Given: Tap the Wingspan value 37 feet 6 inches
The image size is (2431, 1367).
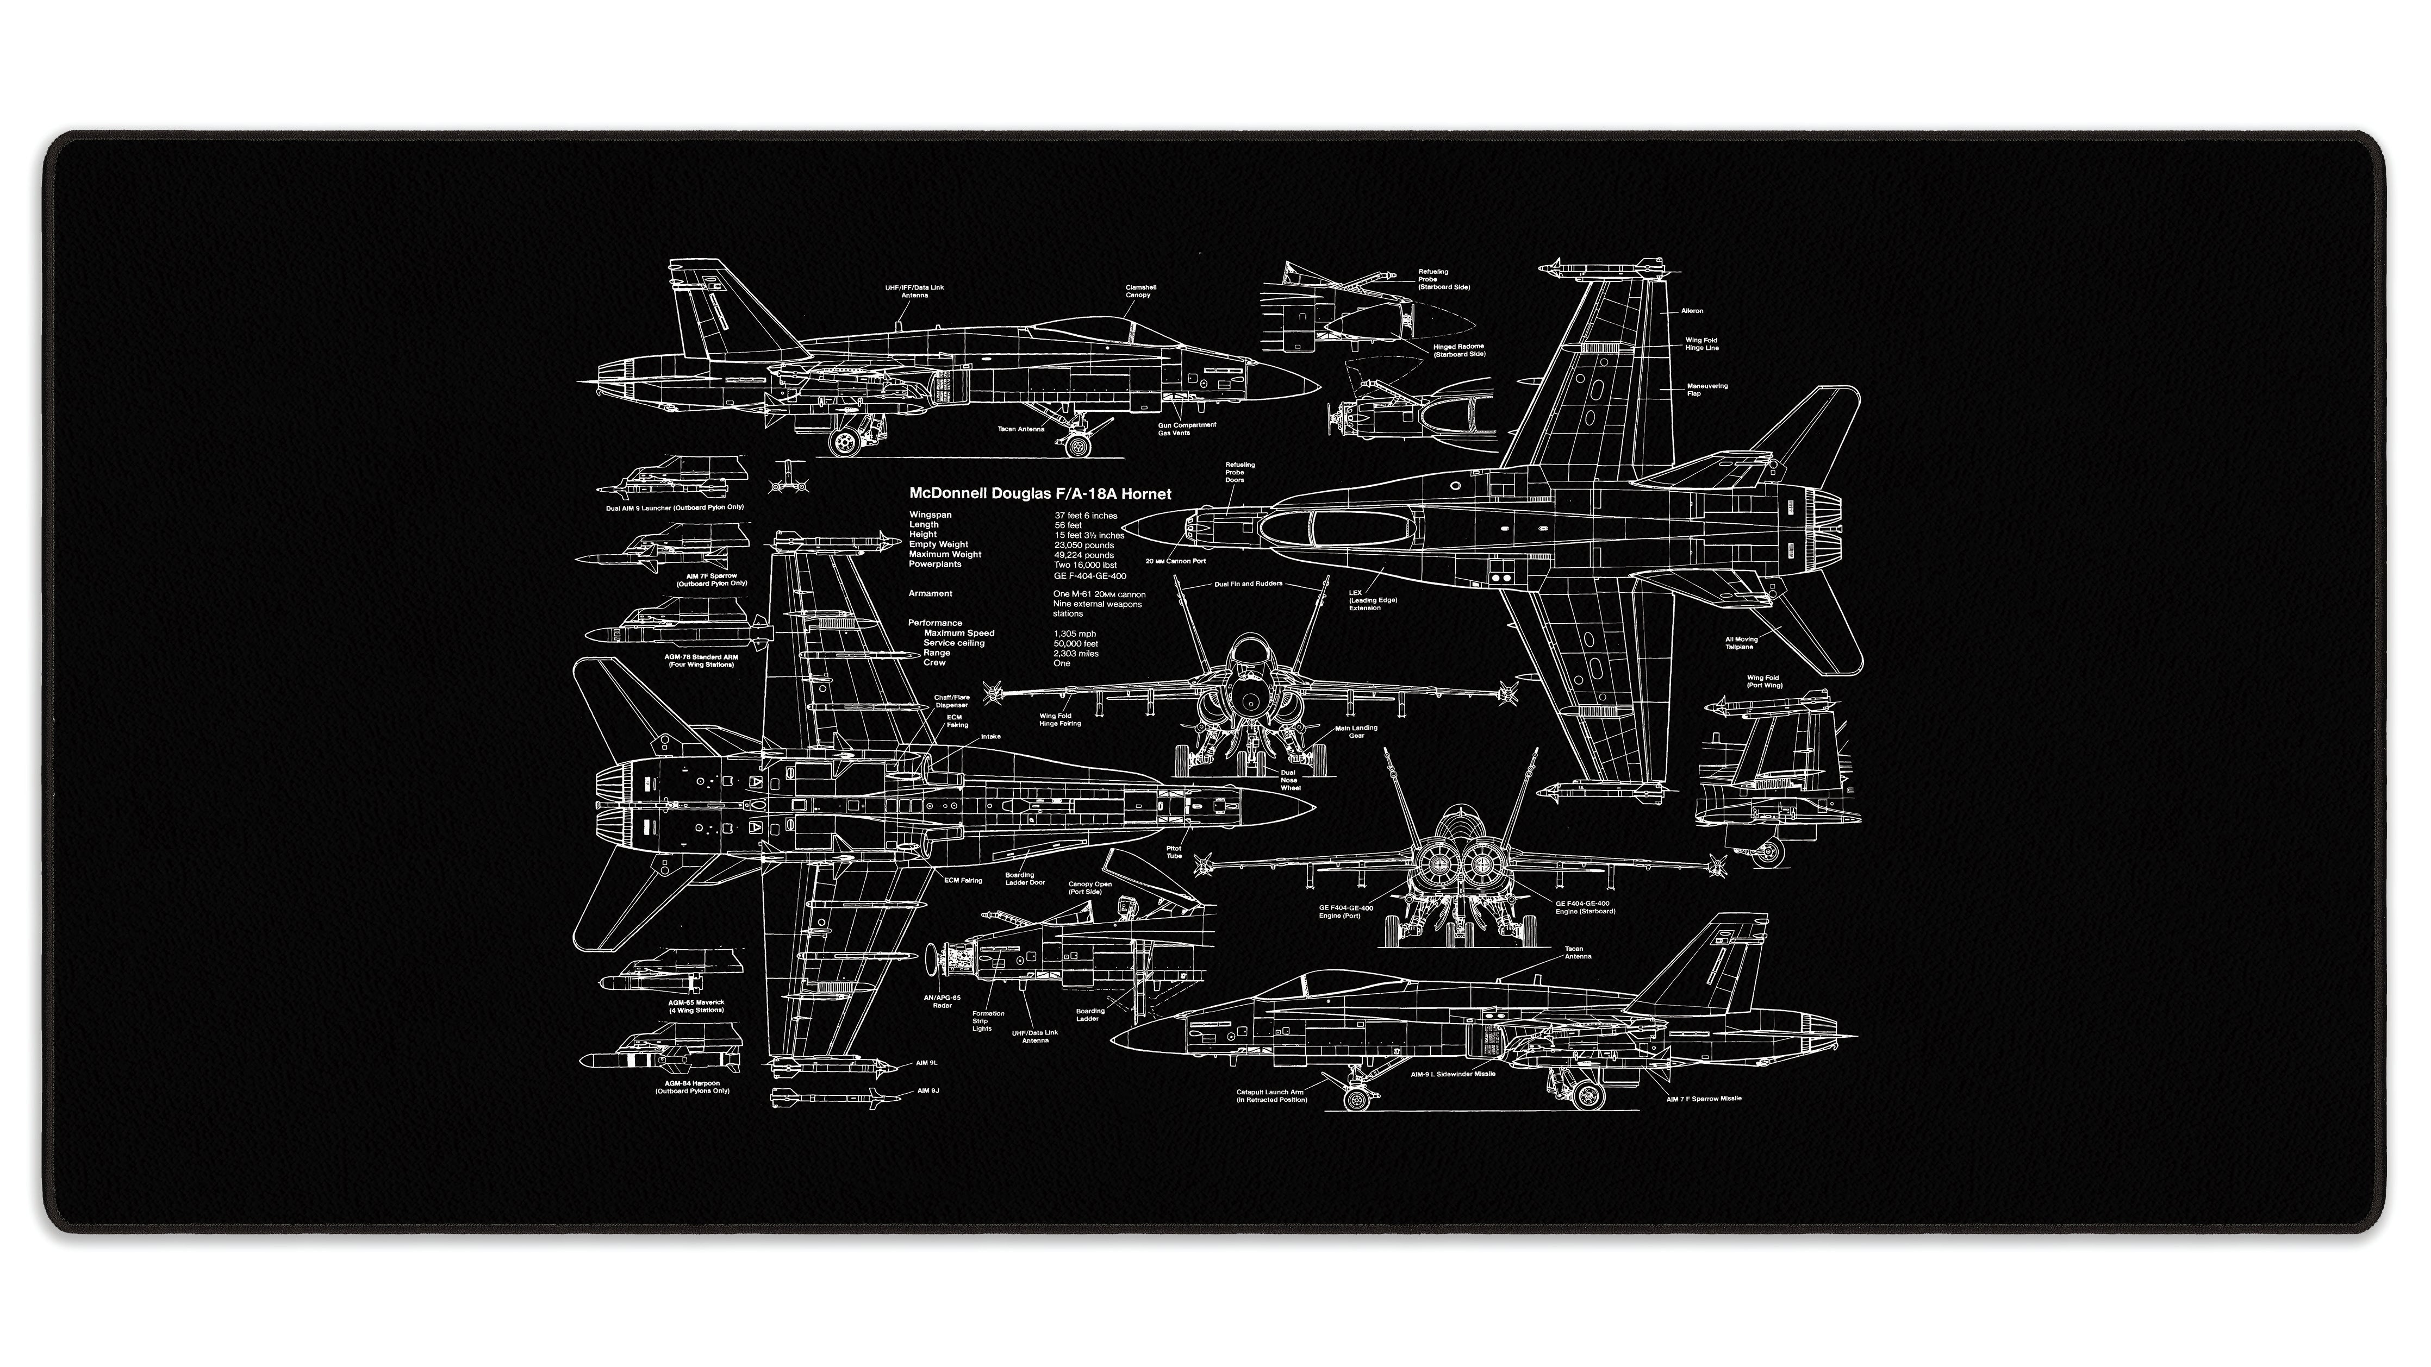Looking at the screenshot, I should pyautogui.click(x=1085, y=515).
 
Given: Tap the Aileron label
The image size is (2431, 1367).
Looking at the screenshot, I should pyautogui.click(x=1692, y=310).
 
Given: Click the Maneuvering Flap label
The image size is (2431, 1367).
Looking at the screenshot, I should pyautogui.click(x=1707, y=388).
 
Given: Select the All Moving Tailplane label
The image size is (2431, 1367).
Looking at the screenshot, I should pyautogui.click(x=1741, y=642).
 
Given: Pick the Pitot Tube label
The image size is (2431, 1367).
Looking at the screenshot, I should pyautogui.click(x=1174, y=852).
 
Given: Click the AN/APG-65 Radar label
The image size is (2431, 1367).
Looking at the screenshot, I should pyautogui.click(x=942, y=1001).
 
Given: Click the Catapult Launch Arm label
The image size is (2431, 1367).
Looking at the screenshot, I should pyautogui.click(x=1271, y=1095).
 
